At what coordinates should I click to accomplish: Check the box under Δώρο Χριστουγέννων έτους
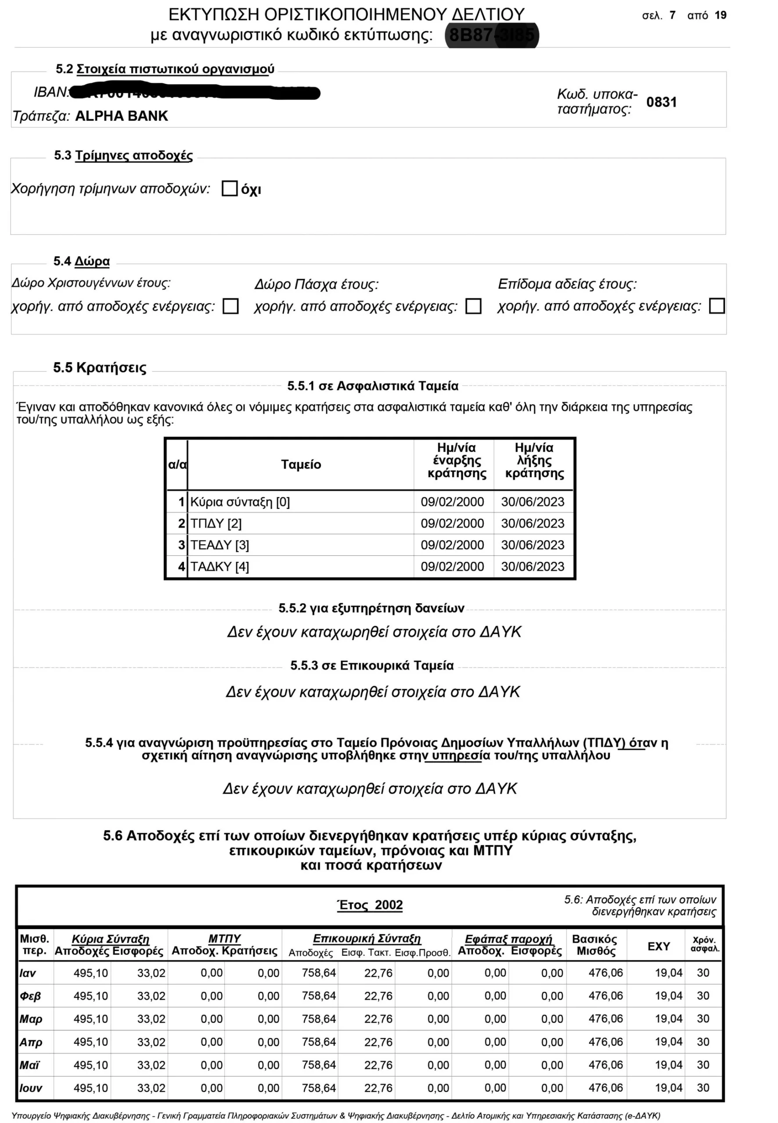click(x=230, y=306)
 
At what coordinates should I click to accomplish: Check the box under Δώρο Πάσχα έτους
click(x=473, y=306)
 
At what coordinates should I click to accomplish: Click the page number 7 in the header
click(x=673, y=15)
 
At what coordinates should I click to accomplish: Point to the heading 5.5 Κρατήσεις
click(x=99, y=368)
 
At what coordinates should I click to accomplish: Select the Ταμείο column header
click(x=301, y=465)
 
